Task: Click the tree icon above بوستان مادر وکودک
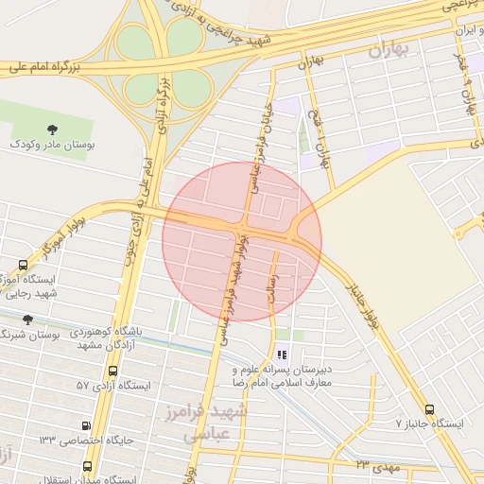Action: [51, 130]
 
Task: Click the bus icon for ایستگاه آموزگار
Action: [24, 266]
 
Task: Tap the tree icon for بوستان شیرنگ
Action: [27, 320]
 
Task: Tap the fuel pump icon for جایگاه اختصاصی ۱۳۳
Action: [88, 426]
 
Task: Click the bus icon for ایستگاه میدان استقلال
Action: [88, 466]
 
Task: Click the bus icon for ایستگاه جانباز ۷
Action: [430, 409]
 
